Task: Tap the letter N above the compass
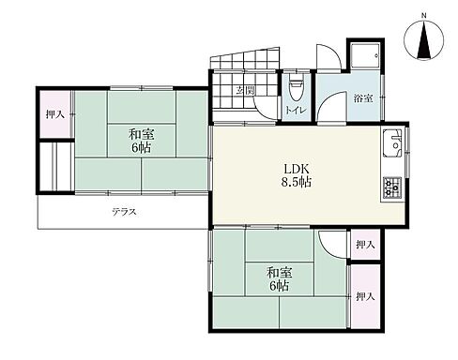click(423, 16)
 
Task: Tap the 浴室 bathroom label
click(362, 98)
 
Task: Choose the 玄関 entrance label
click(246, 91)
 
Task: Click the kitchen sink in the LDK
click(394, 146)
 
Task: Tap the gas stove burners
click(392, 188)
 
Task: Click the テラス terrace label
click(124, 212)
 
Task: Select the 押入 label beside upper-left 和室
click(54, 114)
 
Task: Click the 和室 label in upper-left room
click(141, 134)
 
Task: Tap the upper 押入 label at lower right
click(365, 245)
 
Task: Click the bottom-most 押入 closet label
click(365, 296)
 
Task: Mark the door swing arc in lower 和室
click(332, 245)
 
